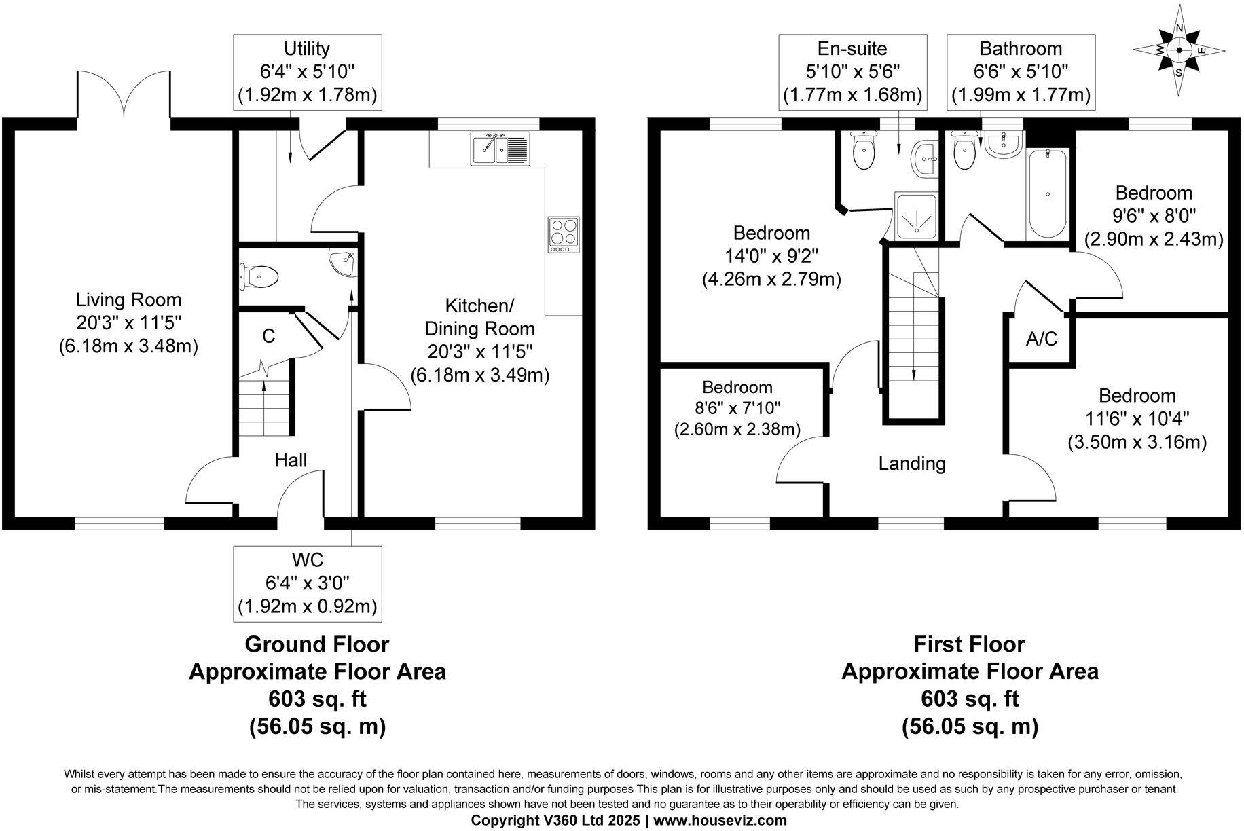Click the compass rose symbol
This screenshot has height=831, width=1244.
(1179, 50)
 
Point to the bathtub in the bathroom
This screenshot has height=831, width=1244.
(1048, 194)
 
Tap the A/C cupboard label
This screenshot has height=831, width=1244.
(1041, 339)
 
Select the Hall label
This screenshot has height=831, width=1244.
(291, 460)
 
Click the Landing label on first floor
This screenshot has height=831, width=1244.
(912, 464)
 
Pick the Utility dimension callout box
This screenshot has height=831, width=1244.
(307, 71)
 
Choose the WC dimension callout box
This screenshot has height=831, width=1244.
(307, 583)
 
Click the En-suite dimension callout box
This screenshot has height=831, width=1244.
(852, 71)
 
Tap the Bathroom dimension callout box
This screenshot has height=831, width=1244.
(1021, 71)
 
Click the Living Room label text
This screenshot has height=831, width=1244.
(128, 299)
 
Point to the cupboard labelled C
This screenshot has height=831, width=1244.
(268, 337)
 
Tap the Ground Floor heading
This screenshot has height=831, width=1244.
(316, 644)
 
